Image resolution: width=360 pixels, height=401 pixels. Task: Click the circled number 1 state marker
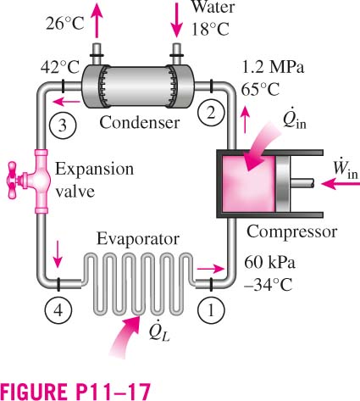coord(211,310)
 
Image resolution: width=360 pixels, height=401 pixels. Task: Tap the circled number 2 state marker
coord(211,113)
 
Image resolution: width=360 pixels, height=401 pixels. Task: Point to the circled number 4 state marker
coord(58,310)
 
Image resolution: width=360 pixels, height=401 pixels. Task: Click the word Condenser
coord(140,123)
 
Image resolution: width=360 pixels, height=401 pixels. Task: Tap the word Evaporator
coord(138,239)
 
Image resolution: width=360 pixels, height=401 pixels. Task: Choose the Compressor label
coord(291,232)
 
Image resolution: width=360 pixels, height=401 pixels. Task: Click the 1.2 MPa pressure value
coord(274,68)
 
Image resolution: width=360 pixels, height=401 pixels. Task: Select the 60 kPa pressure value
coord(269,263)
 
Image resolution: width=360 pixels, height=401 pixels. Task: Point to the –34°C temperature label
coord(268,284)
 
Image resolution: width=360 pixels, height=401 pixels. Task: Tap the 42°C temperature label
coord(60,68)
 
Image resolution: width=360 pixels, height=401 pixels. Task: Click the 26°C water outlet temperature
coord(65,24)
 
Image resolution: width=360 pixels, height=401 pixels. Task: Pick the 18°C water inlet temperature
coord(210,29)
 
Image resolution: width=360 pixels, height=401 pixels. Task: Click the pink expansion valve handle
coord(13,180)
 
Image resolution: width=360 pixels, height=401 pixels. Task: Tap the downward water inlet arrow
coord(177,19)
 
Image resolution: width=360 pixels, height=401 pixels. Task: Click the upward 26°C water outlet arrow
coord(97,20)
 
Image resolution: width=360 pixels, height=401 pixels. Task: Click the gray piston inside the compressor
coord(282,184)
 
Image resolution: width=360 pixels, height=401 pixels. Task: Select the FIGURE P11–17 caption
coord(75,391)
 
